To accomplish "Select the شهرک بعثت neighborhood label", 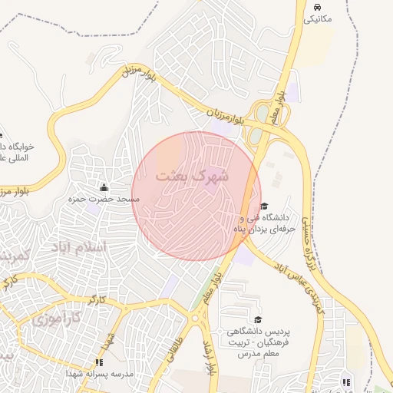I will click(192, 176).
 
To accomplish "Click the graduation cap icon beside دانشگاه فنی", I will click(265, 206).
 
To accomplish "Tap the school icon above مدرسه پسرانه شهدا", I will click(98, 362).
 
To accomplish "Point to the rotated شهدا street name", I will click(110, 338).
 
